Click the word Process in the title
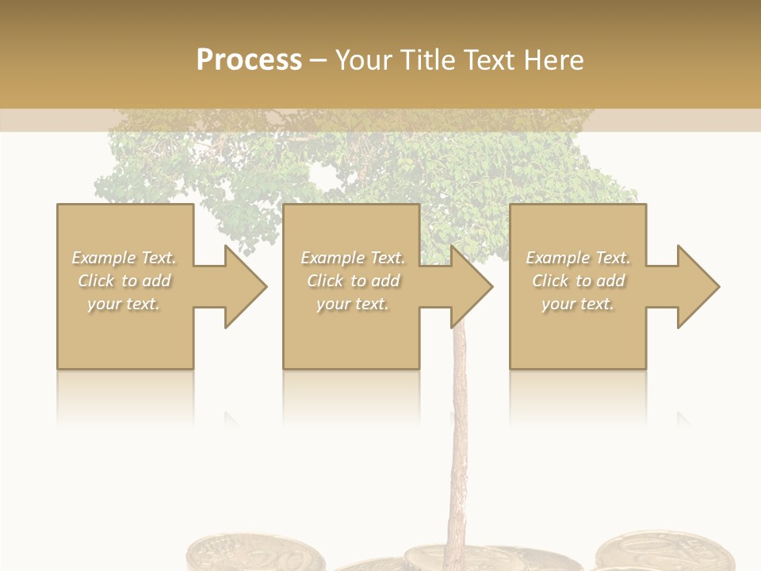coord(249,60)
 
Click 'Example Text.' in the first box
coord(124,258)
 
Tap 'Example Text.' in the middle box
coord(353,258)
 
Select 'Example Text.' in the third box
coord(578,258)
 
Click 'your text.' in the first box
coord(124,304)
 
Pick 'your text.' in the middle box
coord(353,304)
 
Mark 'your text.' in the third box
coord(578,304)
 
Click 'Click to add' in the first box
coord(124,281)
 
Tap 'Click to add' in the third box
coord(578,281)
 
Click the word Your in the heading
coord(361,60)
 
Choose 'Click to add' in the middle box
coord(353,281)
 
